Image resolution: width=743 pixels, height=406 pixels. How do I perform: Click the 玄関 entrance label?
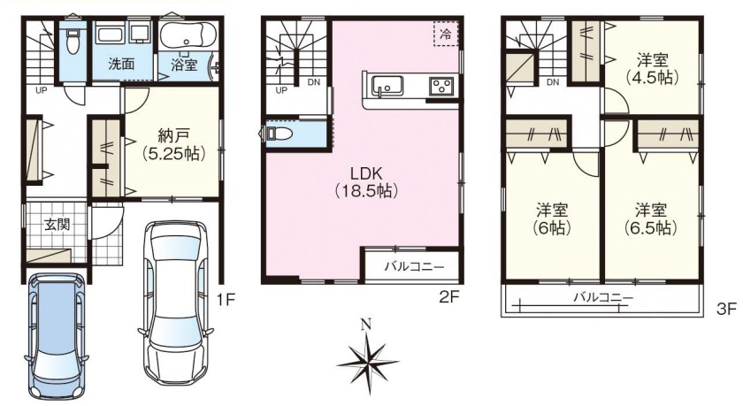click(x=57, y=225)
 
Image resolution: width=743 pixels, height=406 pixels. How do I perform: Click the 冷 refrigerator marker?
click(x=446, y=34)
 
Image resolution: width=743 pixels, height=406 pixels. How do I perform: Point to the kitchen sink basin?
click(x=388, y=86)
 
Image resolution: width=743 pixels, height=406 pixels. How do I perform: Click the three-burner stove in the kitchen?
click(x=441, y=87)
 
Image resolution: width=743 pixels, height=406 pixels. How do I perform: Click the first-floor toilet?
click(x=73, y=41)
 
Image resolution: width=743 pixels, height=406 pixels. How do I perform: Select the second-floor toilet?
click(x=277, y=134)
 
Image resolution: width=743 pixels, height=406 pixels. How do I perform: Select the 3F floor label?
click(x=726, y=310)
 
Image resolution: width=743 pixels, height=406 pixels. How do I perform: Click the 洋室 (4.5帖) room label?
click(x=652, y=69)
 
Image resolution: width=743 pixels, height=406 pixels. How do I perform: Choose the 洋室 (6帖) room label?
click(x=552, y=218)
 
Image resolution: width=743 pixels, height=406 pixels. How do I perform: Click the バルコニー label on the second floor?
click(x=414, y=267)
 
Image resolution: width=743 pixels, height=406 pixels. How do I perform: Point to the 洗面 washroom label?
click(x=122, y=64)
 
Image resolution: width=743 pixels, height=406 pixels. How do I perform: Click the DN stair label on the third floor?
click(x=553, y=82)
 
